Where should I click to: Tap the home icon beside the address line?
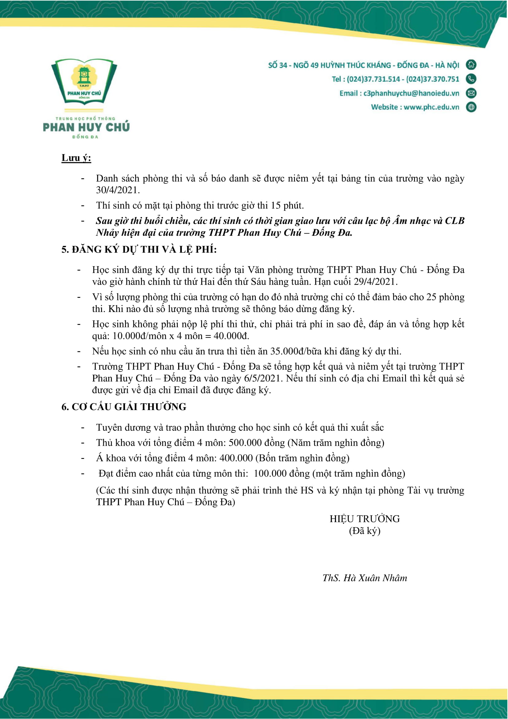[471, 65]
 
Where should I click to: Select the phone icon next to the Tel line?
[471, 79]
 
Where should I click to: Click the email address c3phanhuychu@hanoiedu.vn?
[411, 93]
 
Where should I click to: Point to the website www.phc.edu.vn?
[431, 107]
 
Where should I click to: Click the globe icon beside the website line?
[471, 107]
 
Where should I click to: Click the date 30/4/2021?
[117, 190]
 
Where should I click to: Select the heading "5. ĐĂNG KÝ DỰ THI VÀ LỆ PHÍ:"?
[139, 250]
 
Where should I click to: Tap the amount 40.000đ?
[231, 336]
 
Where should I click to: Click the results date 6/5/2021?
[263, 378]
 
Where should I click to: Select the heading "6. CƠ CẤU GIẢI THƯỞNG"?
[124, 407]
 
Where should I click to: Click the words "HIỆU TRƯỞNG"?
[365, 519]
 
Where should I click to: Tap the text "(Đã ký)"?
[365, 531]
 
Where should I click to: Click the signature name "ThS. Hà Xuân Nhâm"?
[365, 578]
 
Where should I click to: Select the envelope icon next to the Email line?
[471, 93]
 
